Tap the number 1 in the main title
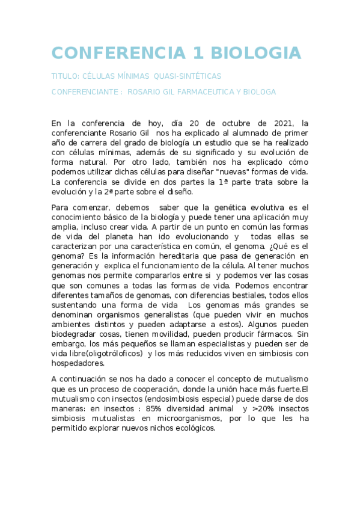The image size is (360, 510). (x=194, y=52)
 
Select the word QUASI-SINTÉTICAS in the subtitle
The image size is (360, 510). (x=188, y=76)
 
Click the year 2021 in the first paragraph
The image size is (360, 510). (x=282, y=123)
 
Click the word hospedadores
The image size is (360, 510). (x=78, y=363)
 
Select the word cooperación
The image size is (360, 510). (x=161, y=389)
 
